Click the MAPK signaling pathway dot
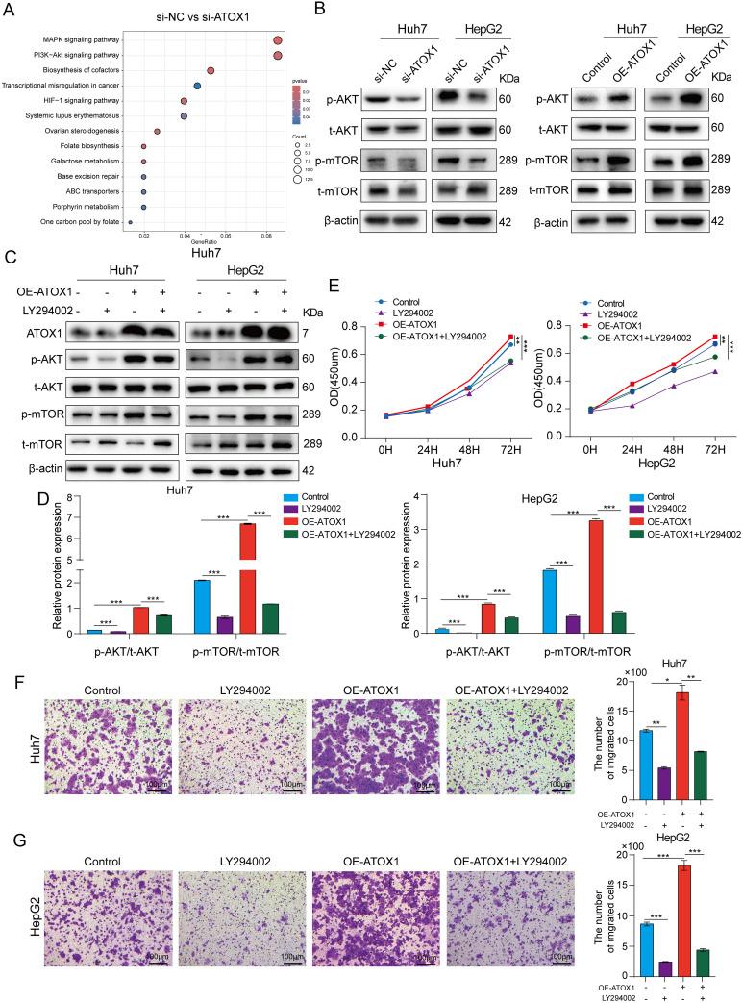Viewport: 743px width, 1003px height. click(277, 40)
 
